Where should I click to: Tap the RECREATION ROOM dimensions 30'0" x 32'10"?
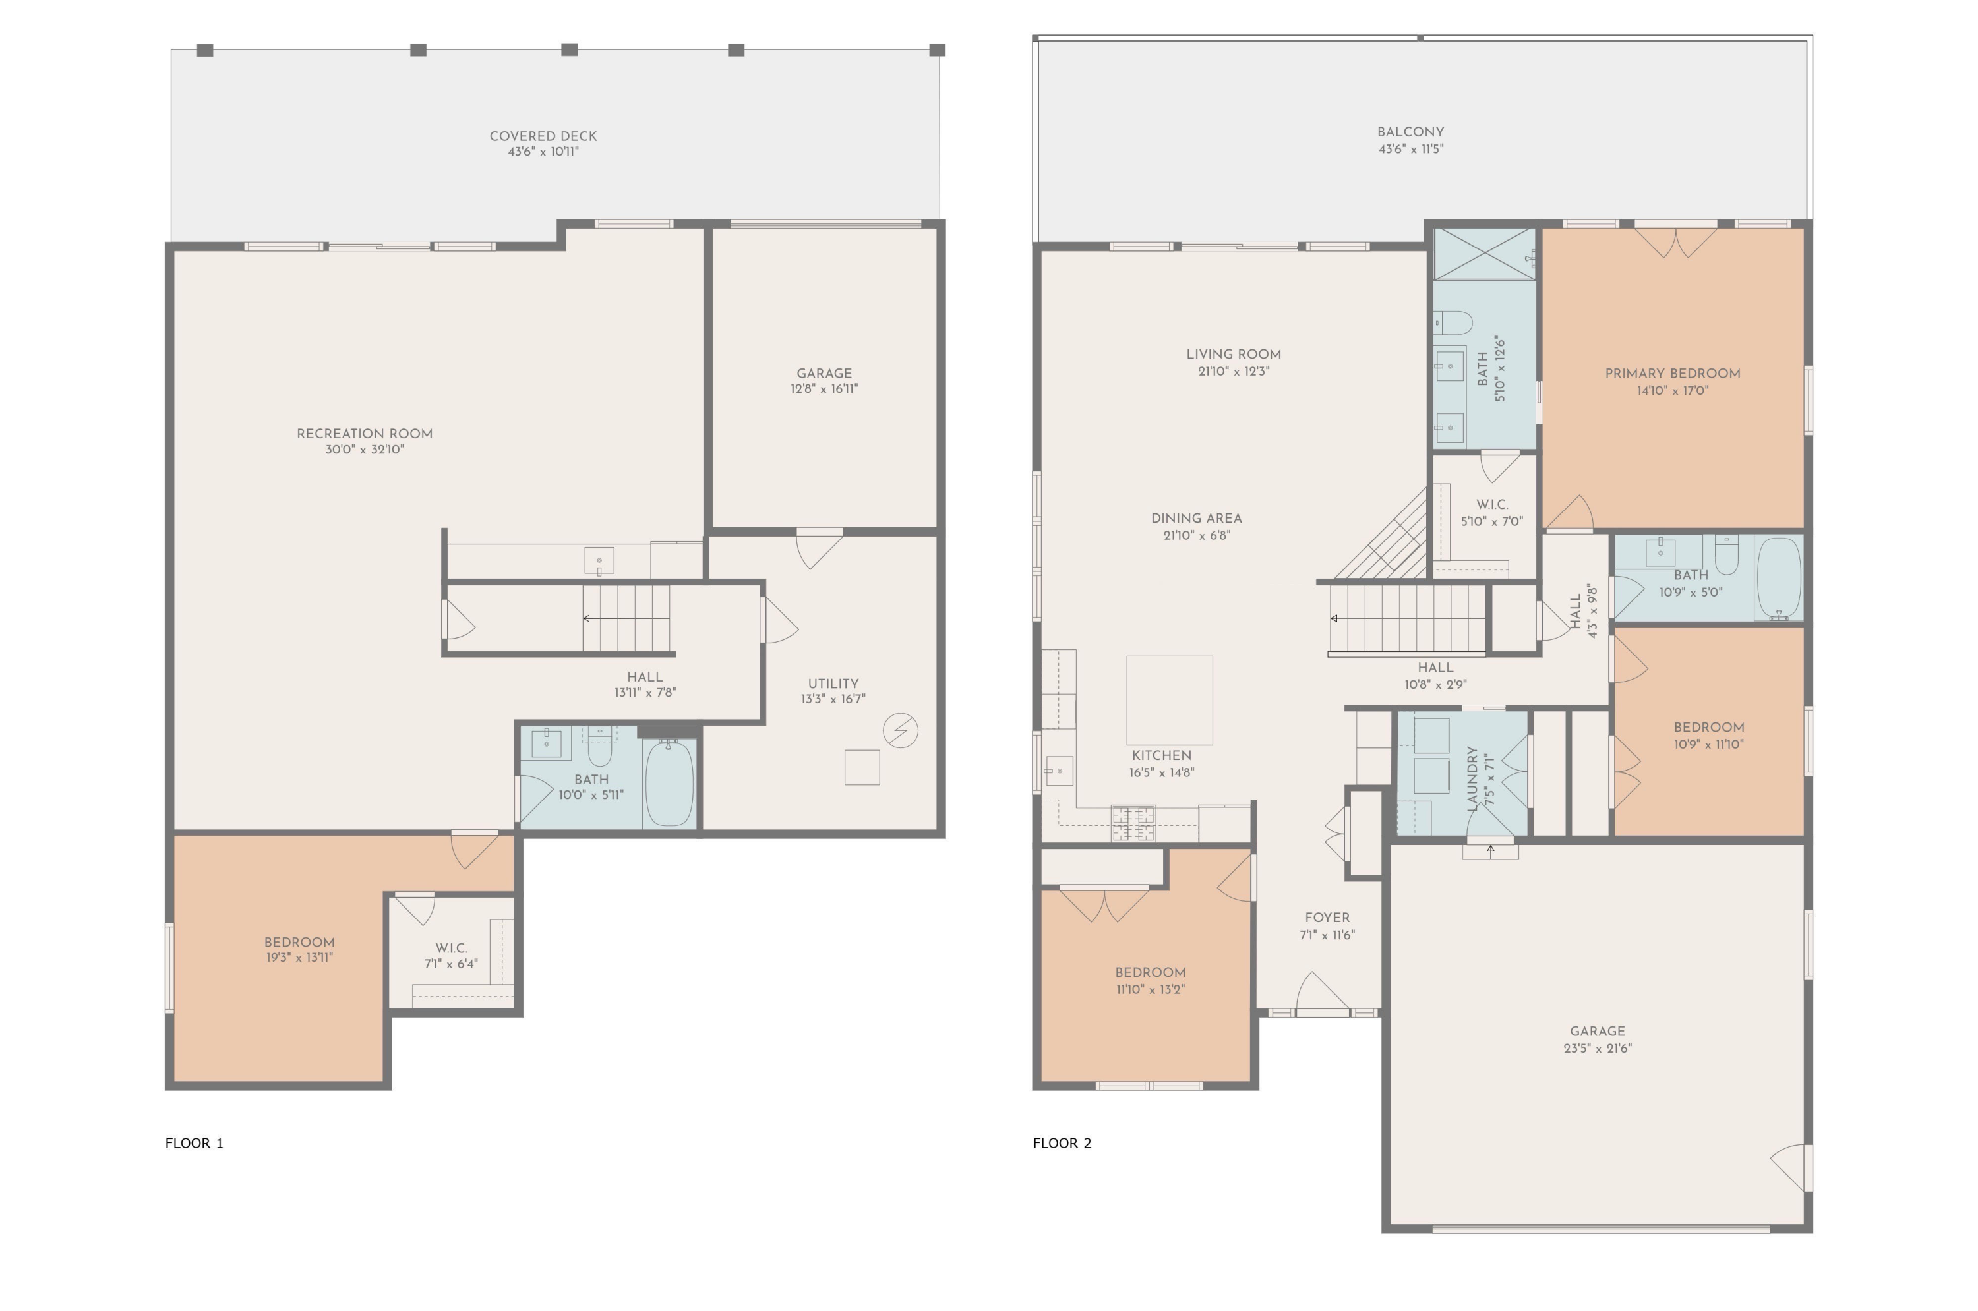[365, 450]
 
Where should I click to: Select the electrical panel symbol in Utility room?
[900, 731]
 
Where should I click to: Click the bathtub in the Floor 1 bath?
[669, 784]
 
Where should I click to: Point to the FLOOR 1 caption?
[194, 1143]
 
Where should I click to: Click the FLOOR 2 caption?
[1062, 1143]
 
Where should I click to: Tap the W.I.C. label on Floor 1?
[451, 948]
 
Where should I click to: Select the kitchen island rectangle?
[1169, 700]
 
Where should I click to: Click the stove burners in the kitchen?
[1133, 823]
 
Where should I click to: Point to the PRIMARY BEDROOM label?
[1672, 374]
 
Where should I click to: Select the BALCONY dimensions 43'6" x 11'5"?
[1410, 149]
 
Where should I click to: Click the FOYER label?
[1327, 918]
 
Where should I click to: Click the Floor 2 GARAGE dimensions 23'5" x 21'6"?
[1597, 1049]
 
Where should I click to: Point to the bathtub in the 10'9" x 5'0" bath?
[1778, 577]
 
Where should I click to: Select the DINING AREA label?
[1196, 518]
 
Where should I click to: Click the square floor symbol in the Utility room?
[862, 767]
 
